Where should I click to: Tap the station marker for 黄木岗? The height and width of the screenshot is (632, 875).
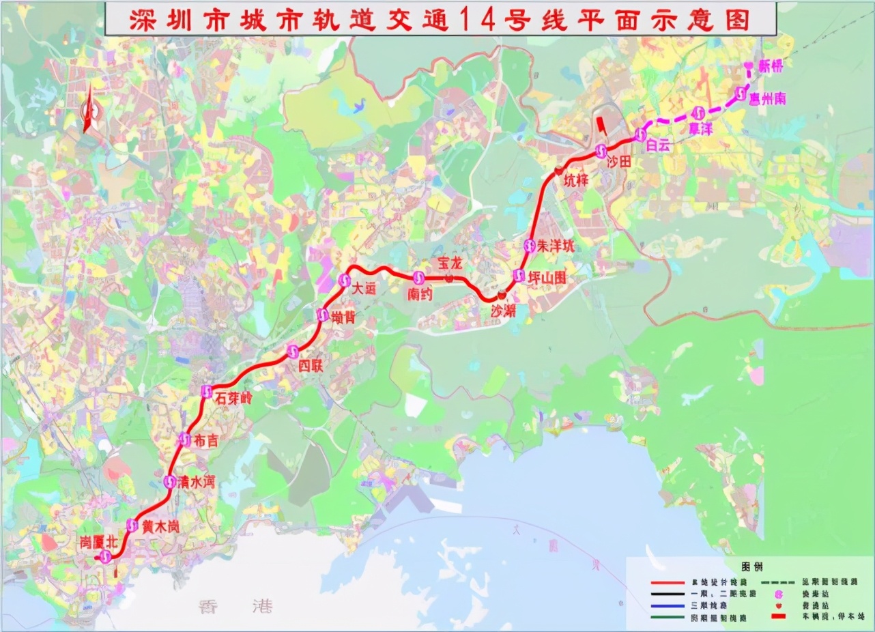(132, 526)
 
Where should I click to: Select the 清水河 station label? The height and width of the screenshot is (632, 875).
(196, 482)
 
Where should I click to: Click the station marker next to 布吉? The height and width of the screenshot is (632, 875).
(184, 440)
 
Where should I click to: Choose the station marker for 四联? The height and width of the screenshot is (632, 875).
(293, 351)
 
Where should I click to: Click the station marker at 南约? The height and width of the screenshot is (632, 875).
(418, 278)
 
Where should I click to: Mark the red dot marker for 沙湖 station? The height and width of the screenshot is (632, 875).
(502, 295)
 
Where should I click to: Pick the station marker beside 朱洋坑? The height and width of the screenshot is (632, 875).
(529, 246)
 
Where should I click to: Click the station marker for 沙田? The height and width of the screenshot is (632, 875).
(601, 151)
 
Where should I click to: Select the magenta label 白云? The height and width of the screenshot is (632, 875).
(659, 145)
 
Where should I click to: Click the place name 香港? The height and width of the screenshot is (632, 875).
(235, 605)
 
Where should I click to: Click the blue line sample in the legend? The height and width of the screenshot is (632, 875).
(677, 605)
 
